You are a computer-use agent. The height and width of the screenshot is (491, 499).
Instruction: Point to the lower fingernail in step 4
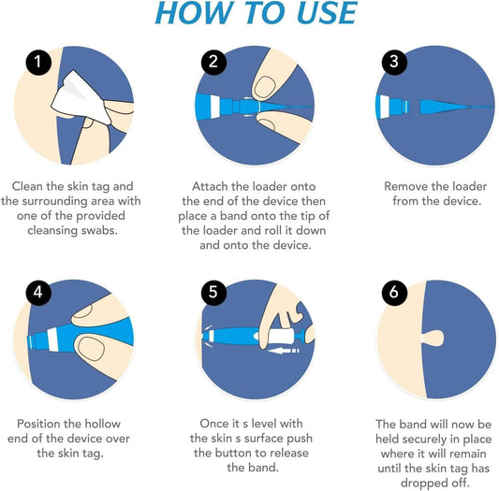coord(91,352)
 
